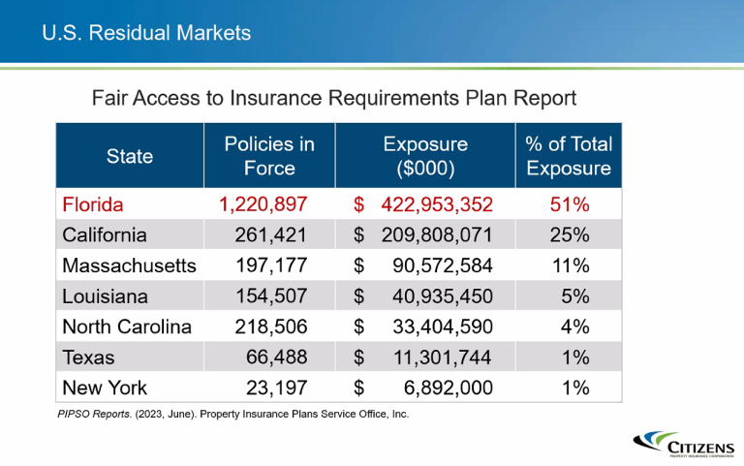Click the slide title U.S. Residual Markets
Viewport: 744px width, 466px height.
tap(146, 33)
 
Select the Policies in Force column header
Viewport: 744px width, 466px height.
tap(269, 155)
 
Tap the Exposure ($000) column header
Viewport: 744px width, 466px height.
tap(425, 155)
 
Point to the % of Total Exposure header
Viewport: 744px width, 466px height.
tap(569, 155)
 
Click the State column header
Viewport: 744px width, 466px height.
tap(130, 156)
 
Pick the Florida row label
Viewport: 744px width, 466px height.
tap(94, 204)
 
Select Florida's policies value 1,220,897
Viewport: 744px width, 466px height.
tap(263, 204)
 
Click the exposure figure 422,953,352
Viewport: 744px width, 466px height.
tap(437, 204)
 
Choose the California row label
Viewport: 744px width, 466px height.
tap(105, 234)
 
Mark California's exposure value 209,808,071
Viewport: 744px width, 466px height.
tap(437, 234)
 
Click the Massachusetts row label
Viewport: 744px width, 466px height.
tap(129, 265)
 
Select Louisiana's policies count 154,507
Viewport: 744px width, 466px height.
tap(271, 296)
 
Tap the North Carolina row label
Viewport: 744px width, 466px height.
tap(127, 326)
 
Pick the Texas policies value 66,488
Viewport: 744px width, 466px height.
tap(279, 357)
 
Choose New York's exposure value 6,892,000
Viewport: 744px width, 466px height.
tap(447, 388)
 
